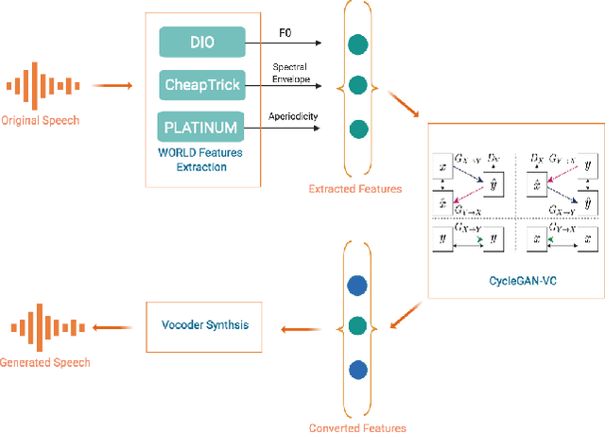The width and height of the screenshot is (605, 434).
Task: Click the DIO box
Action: tap(201, 42)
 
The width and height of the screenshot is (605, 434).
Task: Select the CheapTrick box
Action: tap(201, 85)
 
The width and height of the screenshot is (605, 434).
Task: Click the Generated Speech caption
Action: tap(45, 362)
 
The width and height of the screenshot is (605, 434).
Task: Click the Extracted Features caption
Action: tap(355, 189)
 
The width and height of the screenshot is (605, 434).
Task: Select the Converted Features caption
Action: tap(357, 428)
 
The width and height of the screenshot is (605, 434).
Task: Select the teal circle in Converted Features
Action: tap(356, 326)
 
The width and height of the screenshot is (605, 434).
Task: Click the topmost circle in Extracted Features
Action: tap(356, 43)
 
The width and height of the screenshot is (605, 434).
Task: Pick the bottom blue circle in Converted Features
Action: tap(356, 369)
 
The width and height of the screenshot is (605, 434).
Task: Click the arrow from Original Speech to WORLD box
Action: tap(116, 86)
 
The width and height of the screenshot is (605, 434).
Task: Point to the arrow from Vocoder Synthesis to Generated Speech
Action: tap(116, 329)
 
